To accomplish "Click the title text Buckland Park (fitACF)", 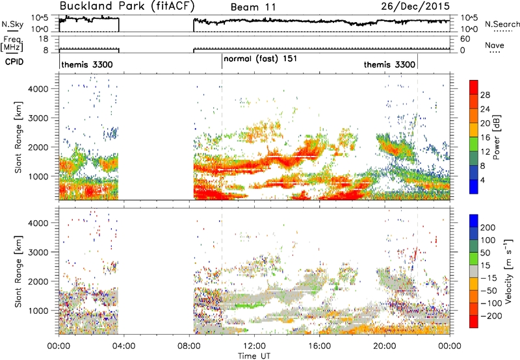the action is point(127,6).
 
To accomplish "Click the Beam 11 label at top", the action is point(253,7).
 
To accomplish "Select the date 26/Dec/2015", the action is point(415,6).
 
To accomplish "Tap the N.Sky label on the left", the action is point(12,24).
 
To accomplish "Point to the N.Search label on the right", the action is point(502,24).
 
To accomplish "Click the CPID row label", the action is point(14,62).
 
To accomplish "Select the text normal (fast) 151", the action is point(261,59).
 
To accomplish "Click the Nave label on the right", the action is point(494,45).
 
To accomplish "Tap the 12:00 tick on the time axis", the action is point(254,346).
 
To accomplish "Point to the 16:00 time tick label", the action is point(319,346).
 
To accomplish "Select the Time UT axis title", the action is point(254,356).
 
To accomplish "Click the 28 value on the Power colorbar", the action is point(485,95).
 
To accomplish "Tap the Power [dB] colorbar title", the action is point(497,137).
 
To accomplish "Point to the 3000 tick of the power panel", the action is point(38,118).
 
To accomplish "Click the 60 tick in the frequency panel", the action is point(465,39).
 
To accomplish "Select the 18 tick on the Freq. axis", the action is point(44,39).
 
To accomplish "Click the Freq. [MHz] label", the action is point(12,44).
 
